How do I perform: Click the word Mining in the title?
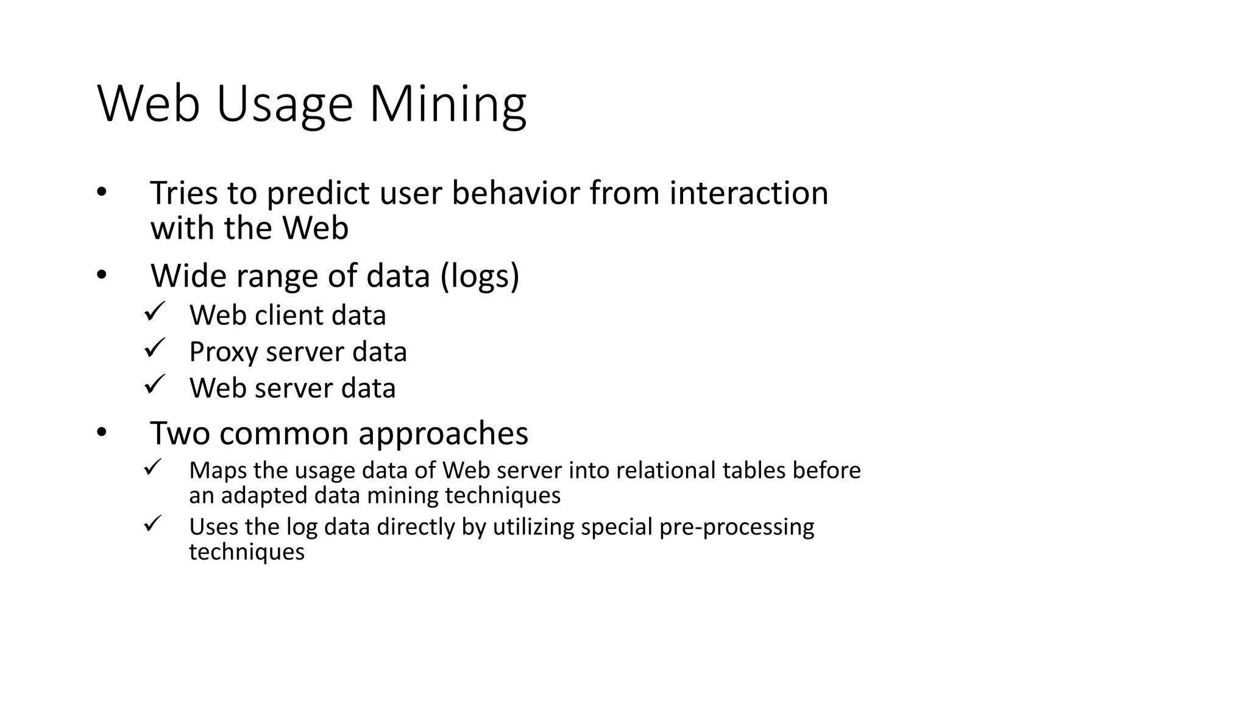(x=447, y=105)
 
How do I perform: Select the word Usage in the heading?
(x=284, y=105)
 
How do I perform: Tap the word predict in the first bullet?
(x=318, y=193)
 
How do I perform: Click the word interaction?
(x=749, y=193)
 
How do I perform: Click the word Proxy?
(x=223, y=352)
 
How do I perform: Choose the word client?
(x=288, y=316)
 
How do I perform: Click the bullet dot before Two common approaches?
(x=101, y=433)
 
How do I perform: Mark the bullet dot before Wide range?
(x=101, y=275)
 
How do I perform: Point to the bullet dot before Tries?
(x=101, y=193)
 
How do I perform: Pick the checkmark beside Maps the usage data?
(x=152, y=468)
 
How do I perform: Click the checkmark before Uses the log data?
(x=152, y=524)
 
